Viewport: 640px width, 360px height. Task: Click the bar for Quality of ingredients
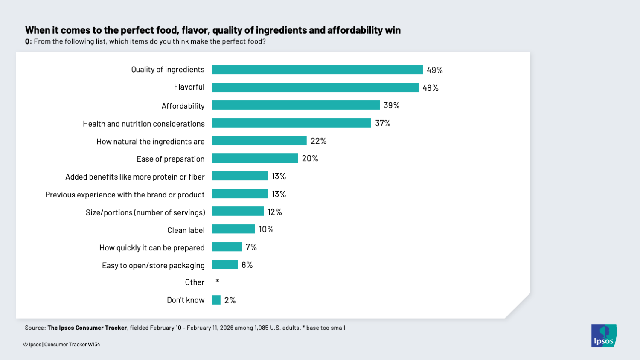[x=317, y=70]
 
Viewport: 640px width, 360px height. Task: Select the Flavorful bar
[x=315, y=87]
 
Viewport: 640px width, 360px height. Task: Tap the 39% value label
[x=391, y=105]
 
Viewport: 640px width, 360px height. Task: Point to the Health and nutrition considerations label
[x=143, y=124]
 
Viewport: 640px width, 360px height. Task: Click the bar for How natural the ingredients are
[x=259, y=141]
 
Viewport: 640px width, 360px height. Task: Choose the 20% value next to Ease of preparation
[x=310, y=159]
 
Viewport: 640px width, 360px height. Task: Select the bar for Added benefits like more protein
[x=240, y=176]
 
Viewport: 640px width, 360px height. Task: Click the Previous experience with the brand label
[x=125, y=195]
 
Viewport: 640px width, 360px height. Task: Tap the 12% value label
[x=274, y=212]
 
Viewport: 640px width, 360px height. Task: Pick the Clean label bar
[x=233, y=229]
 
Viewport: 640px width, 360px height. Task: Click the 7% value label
[x=251, y=247]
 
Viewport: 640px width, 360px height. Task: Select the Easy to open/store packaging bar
[x=224, y=264]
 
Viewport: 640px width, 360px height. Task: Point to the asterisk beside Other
[x=218, y=281]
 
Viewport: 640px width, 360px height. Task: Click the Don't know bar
[x=216, y=300]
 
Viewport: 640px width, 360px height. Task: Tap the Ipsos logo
[x=603, y=335]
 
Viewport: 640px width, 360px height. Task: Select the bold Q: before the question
[x=28, y=41]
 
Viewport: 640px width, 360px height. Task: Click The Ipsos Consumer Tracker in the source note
[x=87, y=328]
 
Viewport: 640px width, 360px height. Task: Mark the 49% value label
[x=434, y=70]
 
